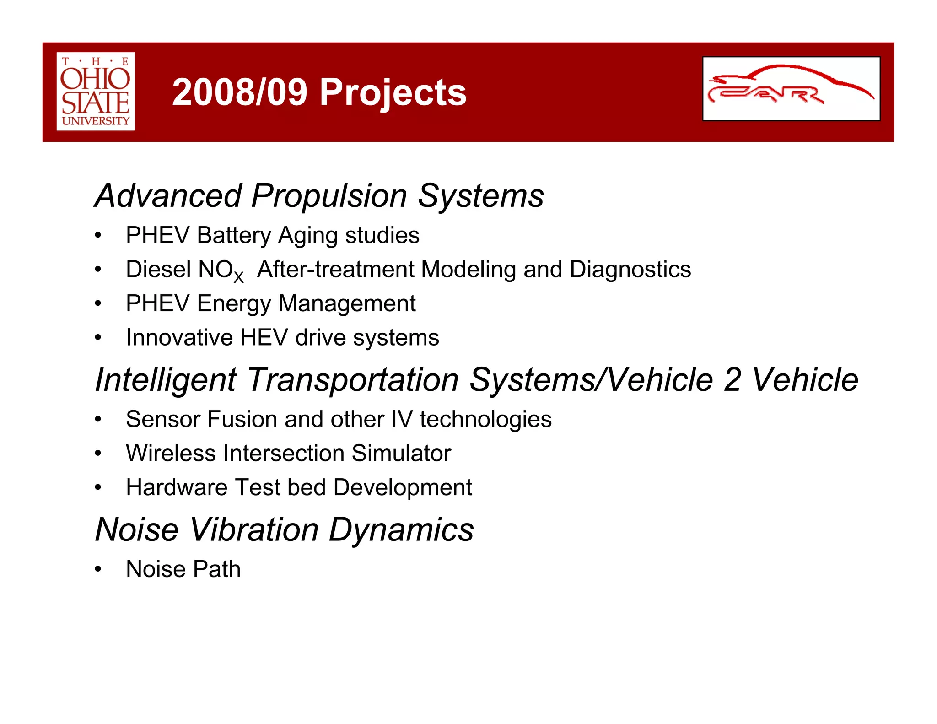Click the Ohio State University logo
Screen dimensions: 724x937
pos(96,91)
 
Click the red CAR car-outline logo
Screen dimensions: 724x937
pos(791,88)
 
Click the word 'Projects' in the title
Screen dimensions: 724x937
pos(393,93)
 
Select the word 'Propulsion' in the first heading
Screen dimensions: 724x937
pos(329,196)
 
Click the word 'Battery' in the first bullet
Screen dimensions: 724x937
pos(234,236)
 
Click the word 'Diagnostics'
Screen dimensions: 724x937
pos(630,270)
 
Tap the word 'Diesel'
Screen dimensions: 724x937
pos(158,270)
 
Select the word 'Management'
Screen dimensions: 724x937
pos(346,304)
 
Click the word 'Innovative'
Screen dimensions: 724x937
pos(179,338)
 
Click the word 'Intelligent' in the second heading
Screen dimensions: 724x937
pos(166,380)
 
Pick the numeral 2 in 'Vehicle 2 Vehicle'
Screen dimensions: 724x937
pos(732,380)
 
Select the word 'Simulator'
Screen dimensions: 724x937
pos(401,454)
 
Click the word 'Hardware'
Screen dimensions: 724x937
pos(176,487)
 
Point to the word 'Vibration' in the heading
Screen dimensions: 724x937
pos(254,530)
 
